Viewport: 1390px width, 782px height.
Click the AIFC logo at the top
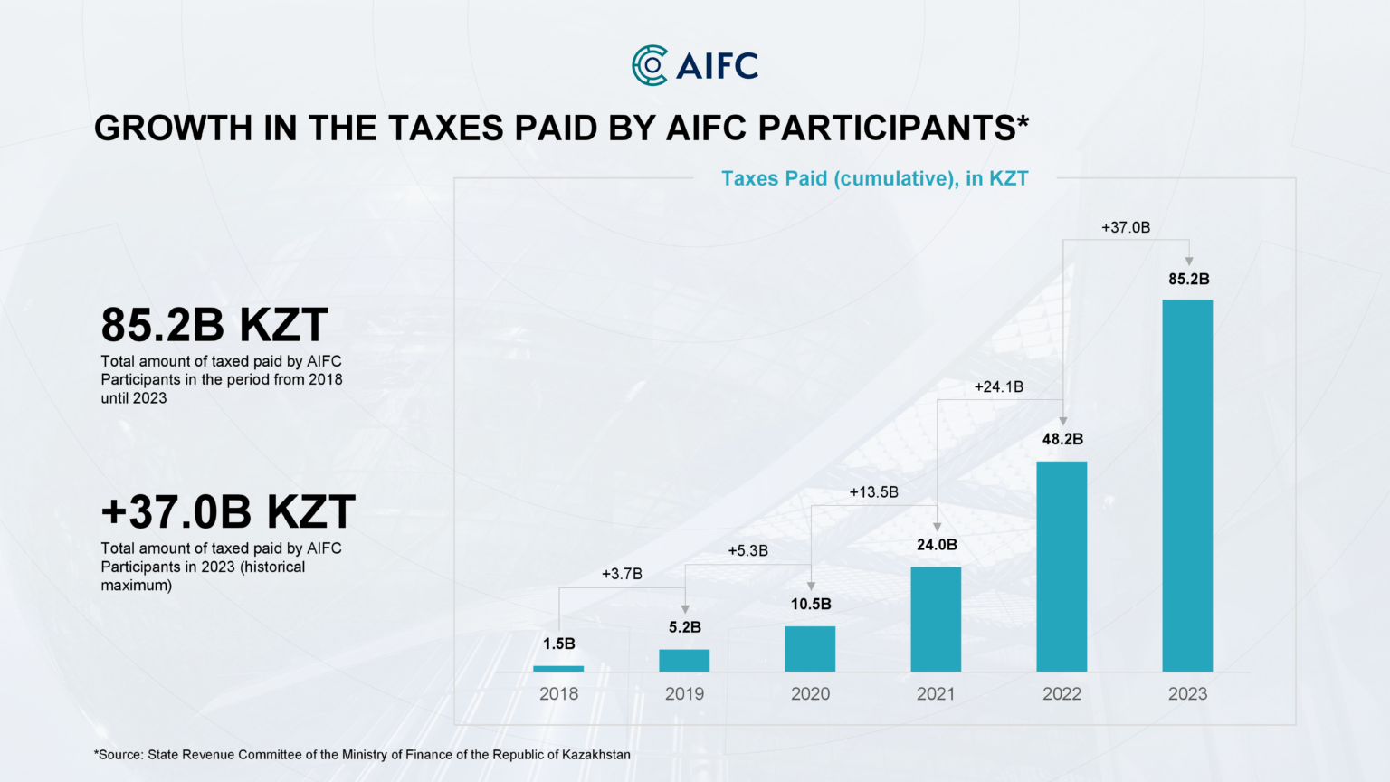coord(694,65)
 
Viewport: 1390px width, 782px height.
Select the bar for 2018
coord(558,669)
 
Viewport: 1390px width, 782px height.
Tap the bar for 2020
coord(810,649)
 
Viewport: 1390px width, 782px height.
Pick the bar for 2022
coord(1062,567)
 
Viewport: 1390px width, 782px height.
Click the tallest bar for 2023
coord(1187,486)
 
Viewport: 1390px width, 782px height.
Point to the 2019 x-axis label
coord(684,694)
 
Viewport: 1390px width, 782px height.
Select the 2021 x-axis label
coord(936,694)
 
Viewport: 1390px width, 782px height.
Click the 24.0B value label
coord(937,545)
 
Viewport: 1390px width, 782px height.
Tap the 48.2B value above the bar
coord(1062,439)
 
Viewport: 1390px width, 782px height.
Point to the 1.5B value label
coord(558,644)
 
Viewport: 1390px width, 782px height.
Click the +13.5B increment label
coord(873,492)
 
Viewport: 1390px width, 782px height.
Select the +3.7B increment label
coord(622,574)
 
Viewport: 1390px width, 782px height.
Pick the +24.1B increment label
coord(998,387)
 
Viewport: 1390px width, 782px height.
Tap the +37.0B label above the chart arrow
coord(1125,228)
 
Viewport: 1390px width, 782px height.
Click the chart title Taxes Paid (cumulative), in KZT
coord(874,178)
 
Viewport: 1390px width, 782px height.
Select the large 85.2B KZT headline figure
coord(214,325)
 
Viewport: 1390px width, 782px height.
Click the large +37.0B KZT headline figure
coord(228,512)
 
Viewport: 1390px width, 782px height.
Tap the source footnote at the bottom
coord(362,755)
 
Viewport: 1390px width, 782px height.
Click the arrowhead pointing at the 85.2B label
coord(1188,262)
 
